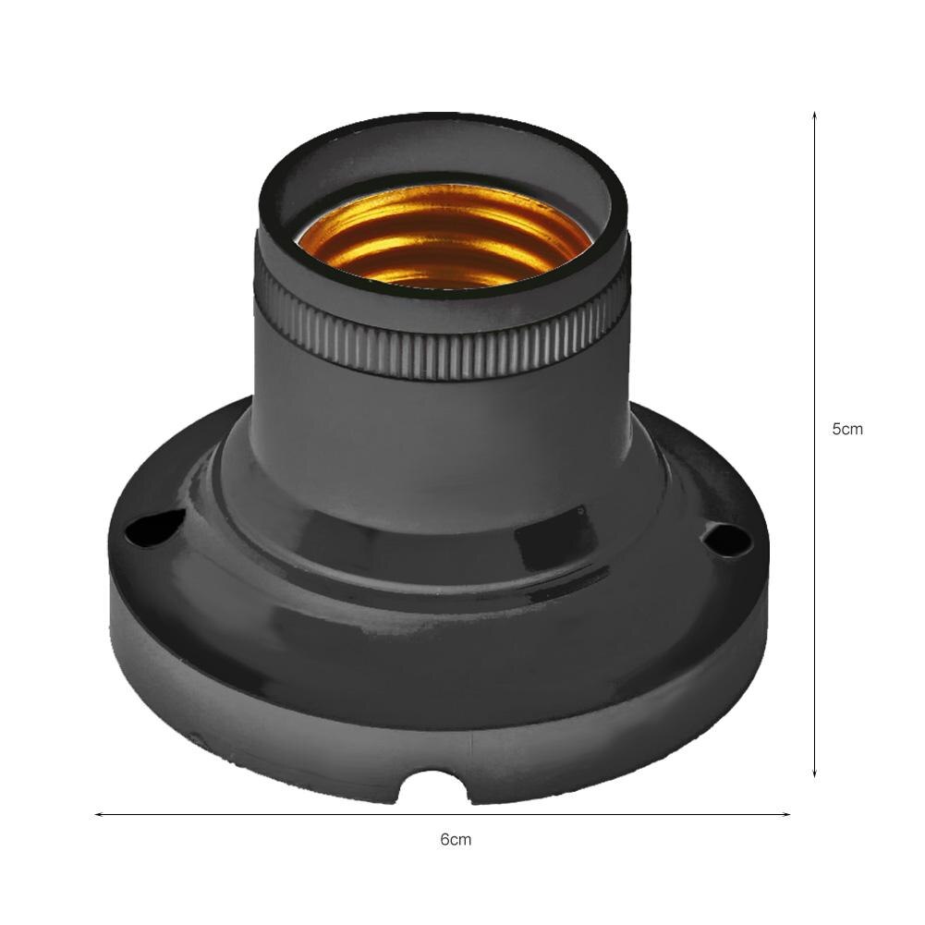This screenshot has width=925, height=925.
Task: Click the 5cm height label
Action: (846, 429)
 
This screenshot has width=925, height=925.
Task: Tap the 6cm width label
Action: (455, 839)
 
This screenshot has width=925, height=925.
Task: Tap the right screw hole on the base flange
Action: (725, 538)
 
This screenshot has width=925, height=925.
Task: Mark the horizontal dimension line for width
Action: (277, 814)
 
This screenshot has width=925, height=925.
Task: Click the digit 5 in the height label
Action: (837, 429)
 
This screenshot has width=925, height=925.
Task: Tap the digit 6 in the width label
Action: (444, 839)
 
